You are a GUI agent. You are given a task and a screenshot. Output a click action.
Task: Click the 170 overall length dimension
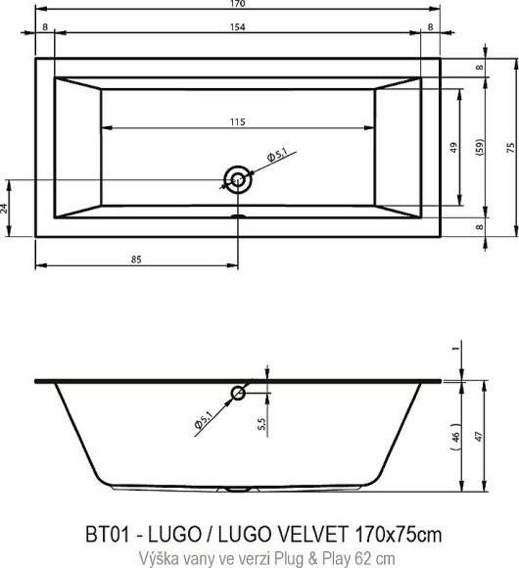(238, 5)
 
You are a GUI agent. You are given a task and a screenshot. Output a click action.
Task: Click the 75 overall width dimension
(509, 147)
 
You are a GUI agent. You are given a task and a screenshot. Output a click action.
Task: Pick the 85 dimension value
(136, 259)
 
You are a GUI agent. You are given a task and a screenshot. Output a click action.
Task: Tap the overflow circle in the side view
(238, 394)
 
